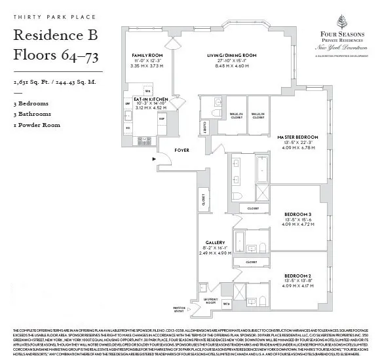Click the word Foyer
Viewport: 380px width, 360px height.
[x=181, y=150]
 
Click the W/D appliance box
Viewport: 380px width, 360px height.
[x=226, y=303]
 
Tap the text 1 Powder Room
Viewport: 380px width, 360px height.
[x=37, y=125]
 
